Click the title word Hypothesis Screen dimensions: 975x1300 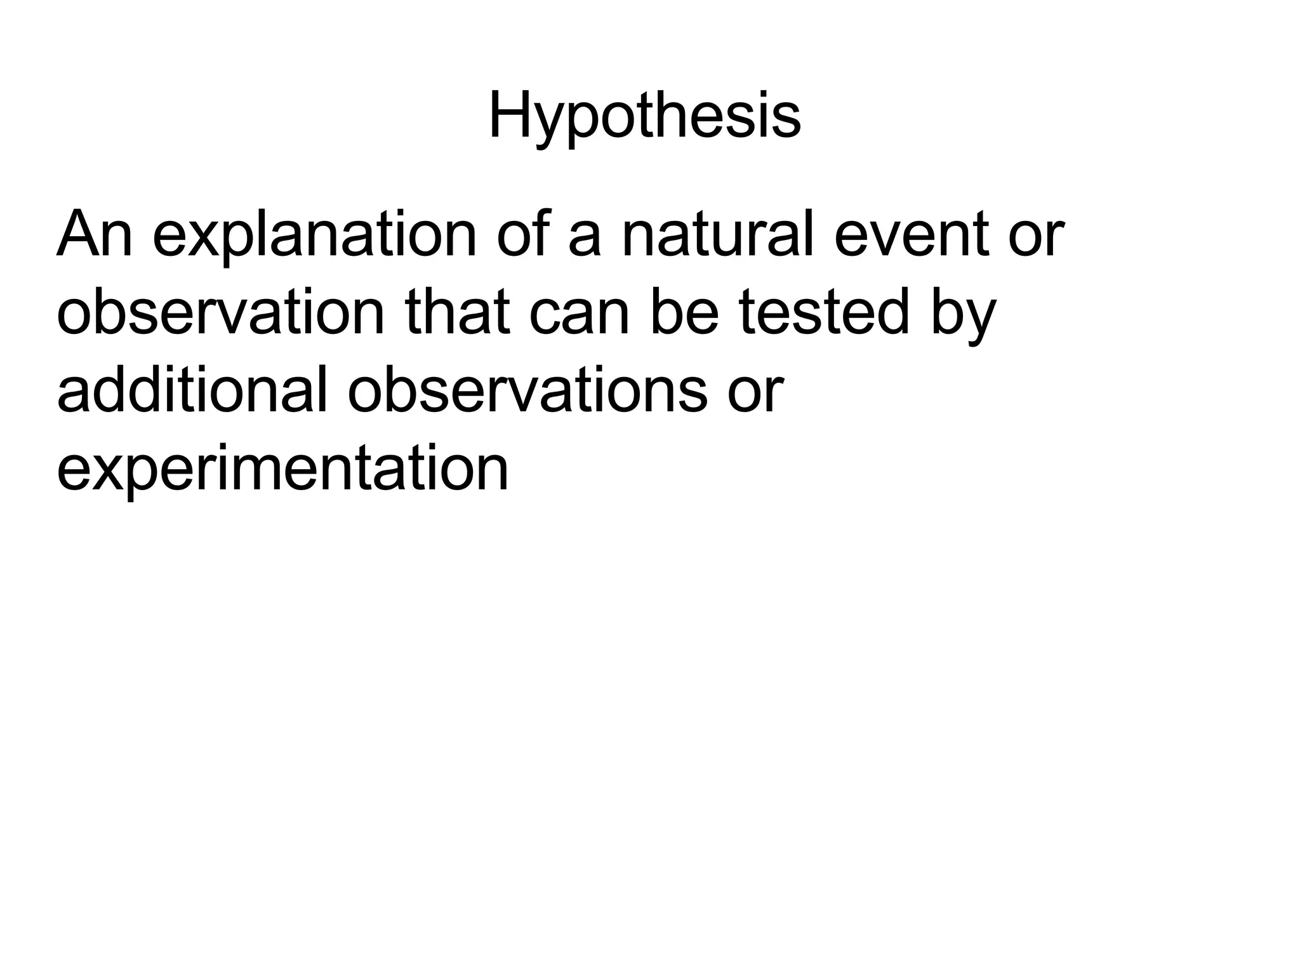click(644, 117)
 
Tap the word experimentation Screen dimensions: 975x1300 click(282, 470)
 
